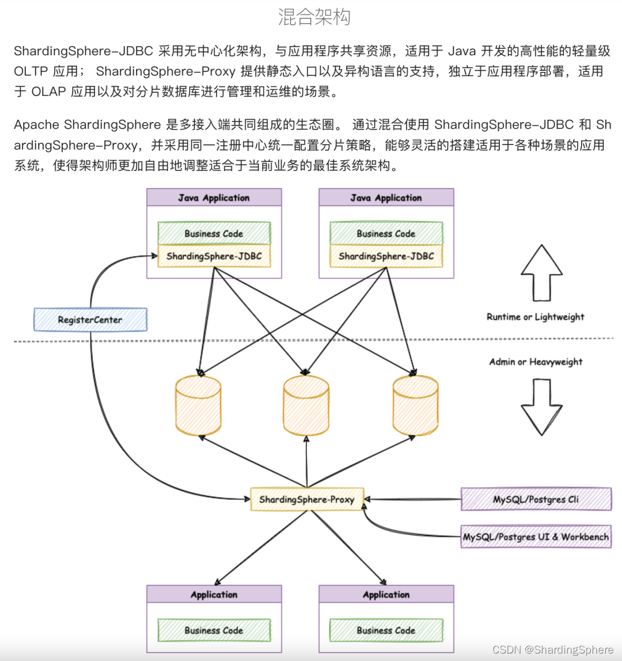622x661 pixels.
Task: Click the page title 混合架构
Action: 314,17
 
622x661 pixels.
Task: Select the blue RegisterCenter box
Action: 90,320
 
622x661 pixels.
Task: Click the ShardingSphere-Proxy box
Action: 306,499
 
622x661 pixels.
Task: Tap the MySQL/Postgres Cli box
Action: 536,499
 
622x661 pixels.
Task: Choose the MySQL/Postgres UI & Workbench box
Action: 536,537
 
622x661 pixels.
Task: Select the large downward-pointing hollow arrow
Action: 541,407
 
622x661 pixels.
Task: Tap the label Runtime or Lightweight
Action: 535,317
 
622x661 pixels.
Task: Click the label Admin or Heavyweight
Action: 536,362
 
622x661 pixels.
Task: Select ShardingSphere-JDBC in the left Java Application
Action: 214,256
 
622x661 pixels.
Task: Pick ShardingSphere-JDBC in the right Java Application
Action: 386,256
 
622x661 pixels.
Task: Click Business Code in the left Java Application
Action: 214,233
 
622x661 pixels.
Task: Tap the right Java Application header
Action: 386,197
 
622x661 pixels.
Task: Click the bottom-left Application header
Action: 214,594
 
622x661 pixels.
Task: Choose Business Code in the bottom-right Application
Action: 386,630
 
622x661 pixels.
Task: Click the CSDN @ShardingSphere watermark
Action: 553,649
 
